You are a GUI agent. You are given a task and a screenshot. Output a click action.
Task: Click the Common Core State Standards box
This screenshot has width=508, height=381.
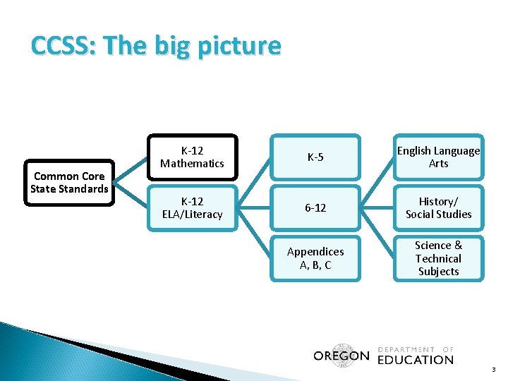click(x=69, y=183)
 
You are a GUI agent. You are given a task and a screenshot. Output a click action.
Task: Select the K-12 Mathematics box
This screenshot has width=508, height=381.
click(x=191, y=157)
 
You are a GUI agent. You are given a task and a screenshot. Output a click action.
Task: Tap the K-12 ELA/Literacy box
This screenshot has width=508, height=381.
click(x=191, y=207)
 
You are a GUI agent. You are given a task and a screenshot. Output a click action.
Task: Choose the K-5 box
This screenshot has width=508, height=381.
click(x=315, y=157)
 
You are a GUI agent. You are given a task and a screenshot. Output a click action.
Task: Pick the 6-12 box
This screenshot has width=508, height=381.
click(x=315, y=207)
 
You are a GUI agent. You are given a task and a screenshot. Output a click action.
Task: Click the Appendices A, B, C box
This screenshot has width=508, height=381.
click(x=315, y=258)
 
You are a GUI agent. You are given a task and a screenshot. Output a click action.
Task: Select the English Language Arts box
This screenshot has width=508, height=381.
click(x=438, y=157)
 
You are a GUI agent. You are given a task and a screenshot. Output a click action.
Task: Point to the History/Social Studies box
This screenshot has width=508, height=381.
click(x=438, y=207)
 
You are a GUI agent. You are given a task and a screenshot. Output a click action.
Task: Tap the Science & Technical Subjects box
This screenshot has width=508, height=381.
click(x=438, y=258)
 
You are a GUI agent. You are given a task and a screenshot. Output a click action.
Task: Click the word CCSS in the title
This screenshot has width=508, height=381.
click(x=56, y=47)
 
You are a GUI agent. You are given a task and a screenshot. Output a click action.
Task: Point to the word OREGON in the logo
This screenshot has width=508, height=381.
click(x=341, y=356)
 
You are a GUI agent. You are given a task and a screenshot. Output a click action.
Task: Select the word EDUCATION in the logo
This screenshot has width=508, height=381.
click(x=416, y=360)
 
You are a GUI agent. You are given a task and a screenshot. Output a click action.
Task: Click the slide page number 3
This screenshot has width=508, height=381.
click(x=494, y=370)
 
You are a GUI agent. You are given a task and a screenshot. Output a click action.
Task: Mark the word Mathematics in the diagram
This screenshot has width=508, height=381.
click(x=191, y=163)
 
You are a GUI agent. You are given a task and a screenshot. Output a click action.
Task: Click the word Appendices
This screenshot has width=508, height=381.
click(x=315, y=252)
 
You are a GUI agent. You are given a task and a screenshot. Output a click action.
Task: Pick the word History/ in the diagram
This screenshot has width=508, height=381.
click(x=438, y=201)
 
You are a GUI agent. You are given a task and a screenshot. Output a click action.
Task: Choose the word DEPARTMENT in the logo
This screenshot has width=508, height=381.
click(x=407, y=349)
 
